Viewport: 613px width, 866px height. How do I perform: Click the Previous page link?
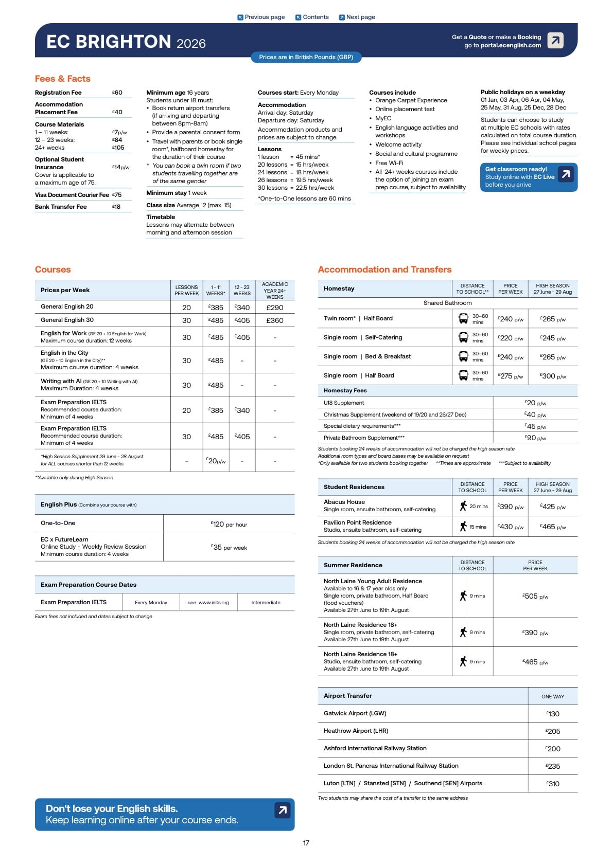tap(261, 17)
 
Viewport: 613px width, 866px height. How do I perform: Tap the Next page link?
tap(357, 17)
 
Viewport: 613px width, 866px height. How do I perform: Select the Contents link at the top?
tap(312, 17)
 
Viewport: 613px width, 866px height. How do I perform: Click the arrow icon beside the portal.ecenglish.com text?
tap(555, 40)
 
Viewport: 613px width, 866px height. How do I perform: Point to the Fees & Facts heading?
tap(62, 79)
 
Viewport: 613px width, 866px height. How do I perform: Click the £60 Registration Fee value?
tap(117, 93)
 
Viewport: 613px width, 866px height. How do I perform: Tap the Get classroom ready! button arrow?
tap(566, 174)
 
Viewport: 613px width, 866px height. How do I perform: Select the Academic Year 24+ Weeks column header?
tap(275, 291)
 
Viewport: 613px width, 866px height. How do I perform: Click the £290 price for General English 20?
tap(275, 308)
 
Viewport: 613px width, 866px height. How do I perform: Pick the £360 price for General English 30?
tap(275, 320)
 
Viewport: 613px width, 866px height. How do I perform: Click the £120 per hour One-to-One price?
tap(229, 524)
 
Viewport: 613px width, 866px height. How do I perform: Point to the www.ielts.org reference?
tap(208, 602)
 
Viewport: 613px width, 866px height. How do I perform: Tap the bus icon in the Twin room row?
tap(463, 319)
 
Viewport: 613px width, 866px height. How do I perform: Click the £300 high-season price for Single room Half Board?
tap(553, 376)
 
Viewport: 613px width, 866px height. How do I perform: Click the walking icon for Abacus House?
tap(463, 506)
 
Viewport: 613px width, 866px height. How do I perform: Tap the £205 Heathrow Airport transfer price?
tap(553, 731)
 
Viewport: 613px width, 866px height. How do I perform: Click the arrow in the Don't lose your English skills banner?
tap(282, 810)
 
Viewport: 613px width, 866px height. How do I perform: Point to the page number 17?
tap(306, 843)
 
